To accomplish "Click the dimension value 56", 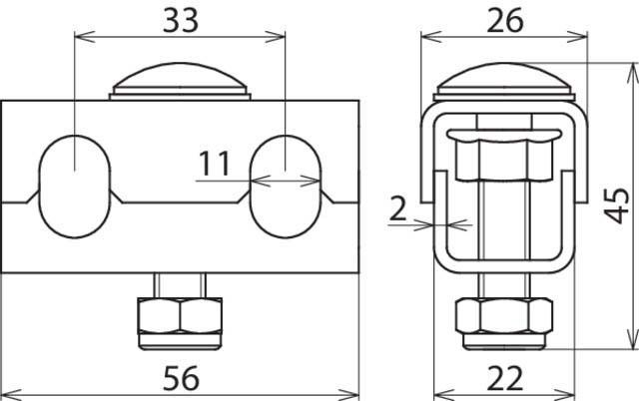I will pyautogui.click(x=180, y=378).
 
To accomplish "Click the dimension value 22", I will pyautogui.click(x=504, y=378).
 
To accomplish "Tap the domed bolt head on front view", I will pyautogui.click(x=180, y=84).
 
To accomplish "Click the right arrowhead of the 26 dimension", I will pyautogui.click(x=582, y=37).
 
